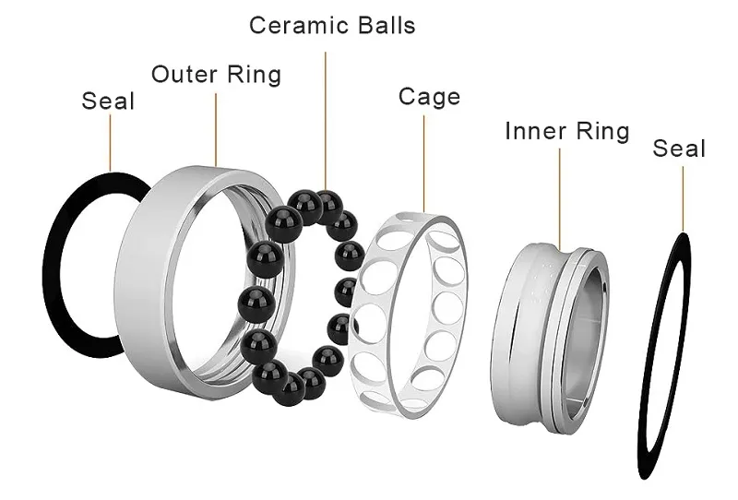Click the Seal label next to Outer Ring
click(108, 101)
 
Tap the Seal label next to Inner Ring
click(679, 148)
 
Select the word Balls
click(387, 25)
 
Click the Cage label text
click(429, 97)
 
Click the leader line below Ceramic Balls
click(326, 120)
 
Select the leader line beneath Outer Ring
click(216, 129)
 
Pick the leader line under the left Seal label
click(110, 143)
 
